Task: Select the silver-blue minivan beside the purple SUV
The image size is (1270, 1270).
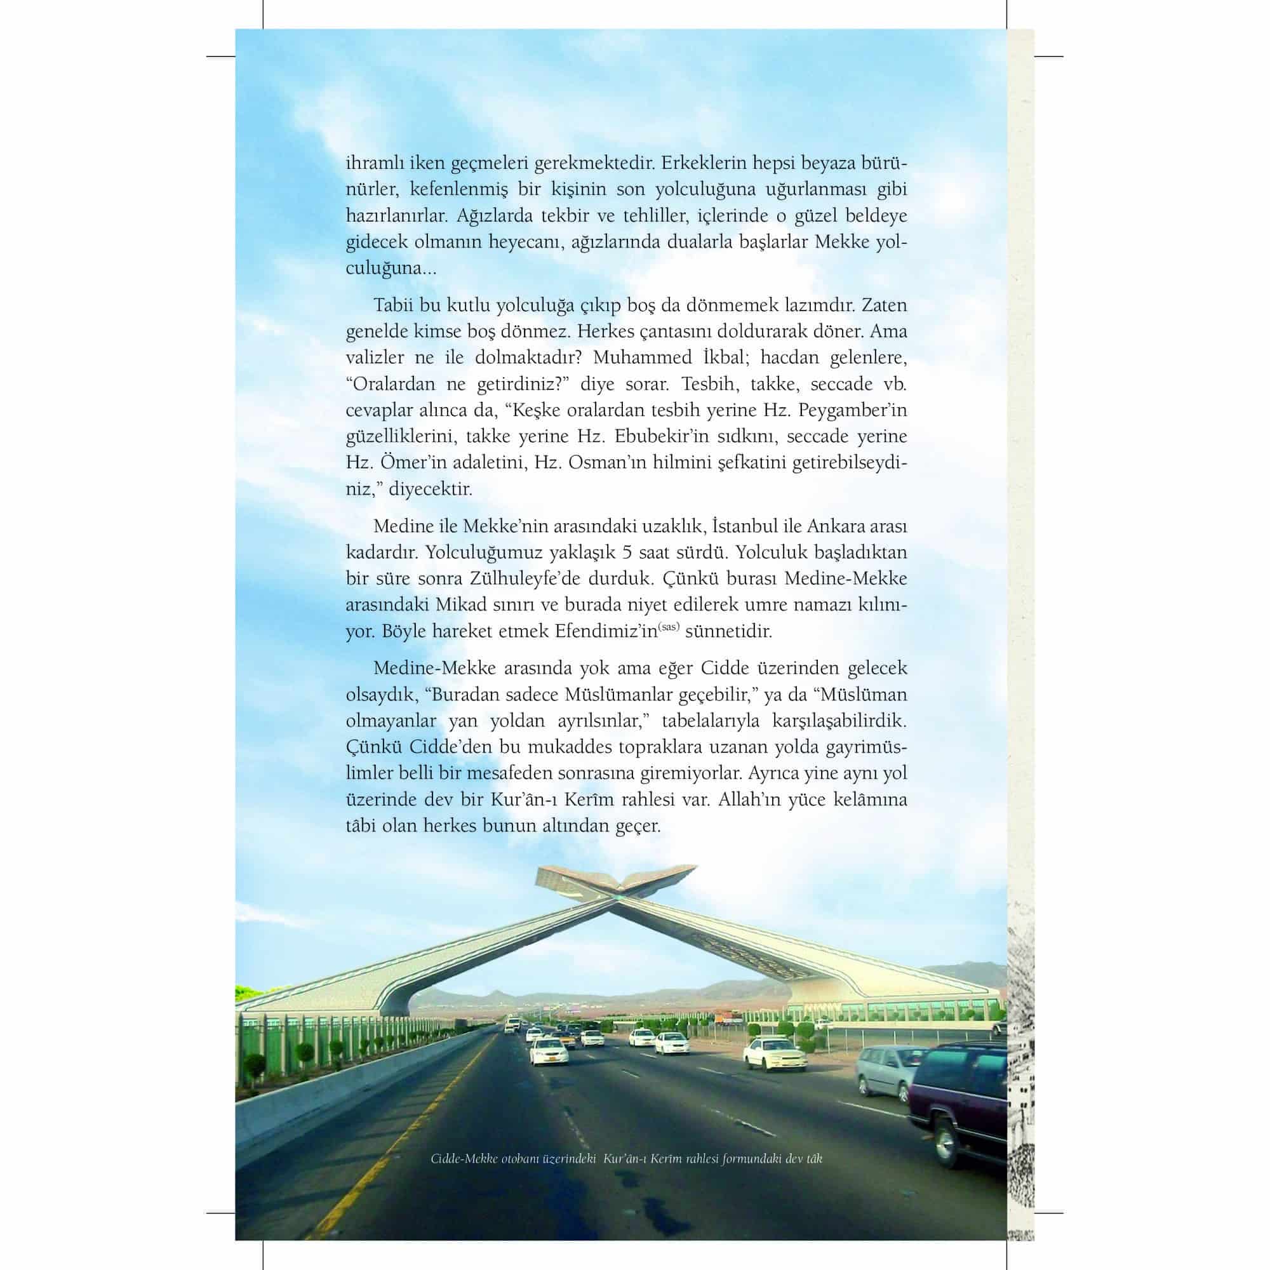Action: pyautogui.click(x=885, y=1071)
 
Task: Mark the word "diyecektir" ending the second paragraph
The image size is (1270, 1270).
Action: pyautogui.click(x=430, y=489)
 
